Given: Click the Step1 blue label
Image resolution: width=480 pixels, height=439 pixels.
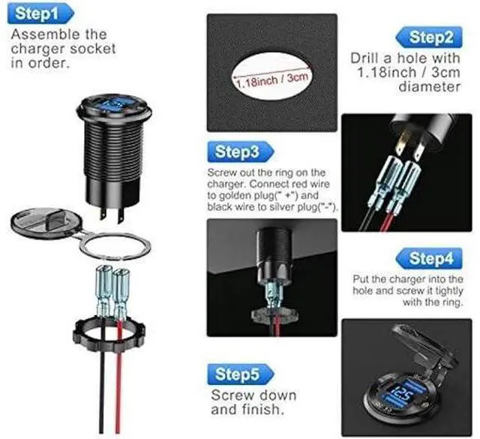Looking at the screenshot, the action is [x=40, y=14].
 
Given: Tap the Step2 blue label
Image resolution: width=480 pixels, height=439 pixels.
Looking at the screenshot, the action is [x=429, y=37].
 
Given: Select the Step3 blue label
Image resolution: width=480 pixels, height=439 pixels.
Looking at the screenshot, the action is [x=241, y=152].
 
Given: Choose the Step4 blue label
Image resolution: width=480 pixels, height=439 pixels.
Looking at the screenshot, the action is [x=429, y=258].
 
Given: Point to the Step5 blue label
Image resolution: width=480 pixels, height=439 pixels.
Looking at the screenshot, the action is [x=241, y=374].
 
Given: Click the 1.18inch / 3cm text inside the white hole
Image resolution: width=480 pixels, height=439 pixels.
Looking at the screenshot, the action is [x=272, y=80].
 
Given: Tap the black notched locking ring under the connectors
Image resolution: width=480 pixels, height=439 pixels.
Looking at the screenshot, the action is [x=109, y=335].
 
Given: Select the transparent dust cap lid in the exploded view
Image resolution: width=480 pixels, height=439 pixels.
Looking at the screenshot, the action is [x=46, y=221].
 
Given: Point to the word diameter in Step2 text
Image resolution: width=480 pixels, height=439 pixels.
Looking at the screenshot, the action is [x=429, y=87].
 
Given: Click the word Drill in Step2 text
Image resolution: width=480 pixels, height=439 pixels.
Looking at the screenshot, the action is [x=365, y=59].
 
